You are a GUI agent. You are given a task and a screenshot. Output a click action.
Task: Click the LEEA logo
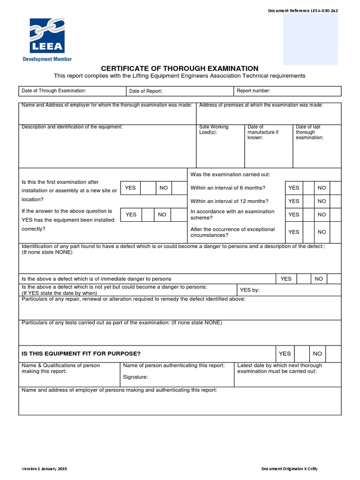click(47, 37)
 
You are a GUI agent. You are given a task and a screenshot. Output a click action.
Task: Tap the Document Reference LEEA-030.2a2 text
click(302, 11)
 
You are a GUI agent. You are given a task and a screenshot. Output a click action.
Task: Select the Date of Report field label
click(146, 91)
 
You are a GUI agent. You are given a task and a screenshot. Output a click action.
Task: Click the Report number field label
click(254, 91)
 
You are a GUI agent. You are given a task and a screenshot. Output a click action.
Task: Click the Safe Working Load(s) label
click(214, 130)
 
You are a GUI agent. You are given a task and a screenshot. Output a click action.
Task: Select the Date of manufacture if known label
click(262, 132)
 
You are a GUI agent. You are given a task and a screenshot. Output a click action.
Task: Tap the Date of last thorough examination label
click(309, 132)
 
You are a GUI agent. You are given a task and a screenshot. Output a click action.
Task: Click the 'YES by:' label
click(249, 290)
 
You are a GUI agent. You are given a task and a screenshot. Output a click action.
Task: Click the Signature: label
click(135, 377)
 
